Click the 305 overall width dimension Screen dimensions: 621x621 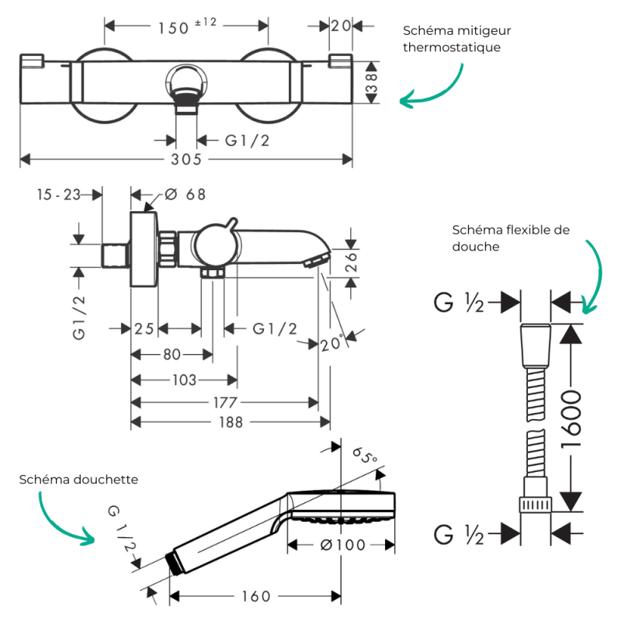pyautogui.click(x=186, y=159)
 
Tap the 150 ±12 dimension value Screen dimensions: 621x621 pyautogui.click(x=187, y=26)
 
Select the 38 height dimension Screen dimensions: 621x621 pyautogui.click(x=372, y=83)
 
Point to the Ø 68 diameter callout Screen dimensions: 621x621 pyautogui.click(x=186, y=195)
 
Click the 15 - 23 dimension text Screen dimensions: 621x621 pyautogui.click(x=59, y=195)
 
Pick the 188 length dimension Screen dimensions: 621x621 pyautogui.click(x=231, y=422)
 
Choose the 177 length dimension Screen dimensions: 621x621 pyautogui.click(x=225, y=403)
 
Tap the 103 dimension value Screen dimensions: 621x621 pyautogui.click(x=184, y=380)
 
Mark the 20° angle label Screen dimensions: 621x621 pyautogui.click(x=331, y=343)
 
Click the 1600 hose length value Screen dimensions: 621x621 pyautogui.click(x=571, y=419)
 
